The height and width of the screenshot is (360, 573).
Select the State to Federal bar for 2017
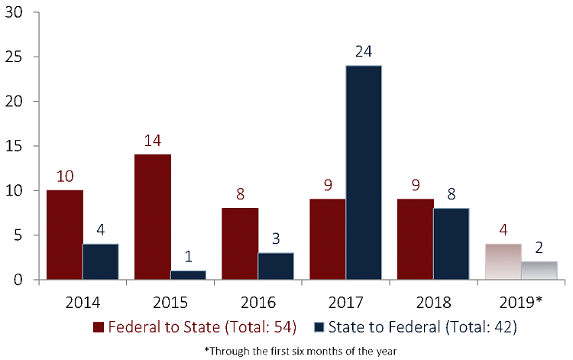click(364, 172)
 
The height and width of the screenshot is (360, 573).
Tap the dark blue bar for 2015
click(188, 275)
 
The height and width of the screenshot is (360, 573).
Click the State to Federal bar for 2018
click(452, 244)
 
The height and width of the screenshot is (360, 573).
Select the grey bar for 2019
click(539, 271)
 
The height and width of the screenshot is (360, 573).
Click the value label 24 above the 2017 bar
click(364, 53)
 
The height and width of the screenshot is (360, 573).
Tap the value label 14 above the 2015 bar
click(153, 141)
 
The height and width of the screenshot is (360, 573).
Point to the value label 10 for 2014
click(66, 177)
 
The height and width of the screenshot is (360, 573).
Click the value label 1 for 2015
click(188, 256)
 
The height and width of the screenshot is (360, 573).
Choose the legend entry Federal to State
click(196, 327)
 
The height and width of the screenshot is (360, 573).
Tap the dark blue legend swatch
click(319, 327)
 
